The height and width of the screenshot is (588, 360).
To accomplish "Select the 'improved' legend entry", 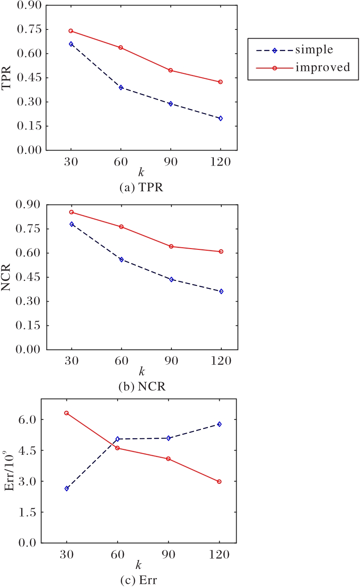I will tap(322, 67).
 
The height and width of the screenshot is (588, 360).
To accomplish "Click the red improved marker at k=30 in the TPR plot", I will tap(71, 31).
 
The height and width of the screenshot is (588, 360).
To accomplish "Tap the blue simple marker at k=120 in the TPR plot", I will tap(220, 118).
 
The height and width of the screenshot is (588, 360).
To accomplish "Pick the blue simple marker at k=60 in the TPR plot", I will tap(121, 88).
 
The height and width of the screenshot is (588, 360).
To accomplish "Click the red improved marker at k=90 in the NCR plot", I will tap(171, 246).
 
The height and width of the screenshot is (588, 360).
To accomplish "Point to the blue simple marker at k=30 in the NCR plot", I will tap(71, 224).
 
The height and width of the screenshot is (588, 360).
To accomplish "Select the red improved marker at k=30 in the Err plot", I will tap(66, 413).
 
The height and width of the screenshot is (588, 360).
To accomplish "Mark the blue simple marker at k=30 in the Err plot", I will tap(66, 488).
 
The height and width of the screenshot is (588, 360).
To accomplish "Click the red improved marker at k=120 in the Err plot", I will tap(219, 482).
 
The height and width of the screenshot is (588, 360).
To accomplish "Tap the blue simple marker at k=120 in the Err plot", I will tap(219, 424).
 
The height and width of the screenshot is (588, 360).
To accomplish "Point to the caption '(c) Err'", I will tap(141, 578).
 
